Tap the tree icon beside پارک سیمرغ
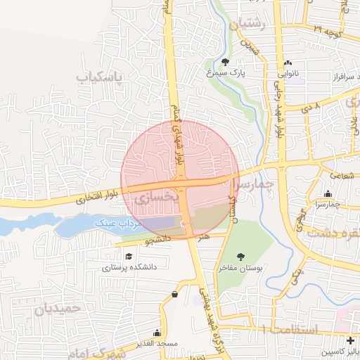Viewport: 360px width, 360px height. tap(225, 61)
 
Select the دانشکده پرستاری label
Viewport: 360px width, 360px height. tap(129, 267)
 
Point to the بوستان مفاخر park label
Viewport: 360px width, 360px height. tap(241, 269)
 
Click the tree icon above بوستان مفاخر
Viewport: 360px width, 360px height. tap(241, 257)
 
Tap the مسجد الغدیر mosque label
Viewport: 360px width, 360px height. tap(156, 343)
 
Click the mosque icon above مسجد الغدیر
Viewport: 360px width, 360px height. tap(156, 332)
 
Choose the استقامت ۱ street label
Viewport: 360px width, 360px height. tap(290, 329)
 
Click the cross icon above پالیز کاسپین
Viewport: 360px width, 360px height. tap(351, 340)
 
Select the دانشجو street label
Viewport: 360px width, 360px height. tap(159, 240)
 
